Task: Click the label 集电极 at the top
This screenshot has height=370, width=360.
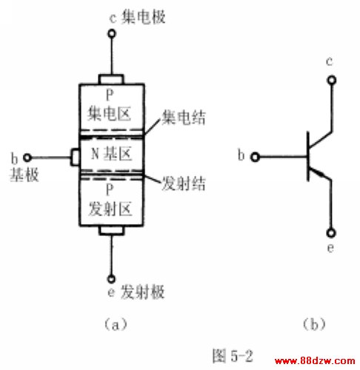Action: pyautogui.click(x=143, y=17)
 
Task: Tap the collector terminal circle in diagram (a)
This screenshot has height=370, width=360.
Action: pyautogui.click(x=112, y=33)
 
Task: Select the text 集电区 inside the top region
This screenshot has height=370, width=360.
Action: pyautogui.click(x=109, y=114)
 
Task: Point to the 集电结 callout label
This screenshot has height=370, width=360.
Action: pyautogui.click(x=184, y=117)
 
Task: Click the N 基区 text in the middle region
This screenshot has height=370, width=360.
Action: pyautogui.click(x=112, y=154)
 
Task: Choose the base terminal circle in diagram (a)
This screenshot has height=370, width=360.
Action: pyautogui.click(x=27, y=158)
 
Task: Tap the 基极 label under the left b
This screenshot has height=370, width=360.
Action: pyautogui.click(x=24, y=175)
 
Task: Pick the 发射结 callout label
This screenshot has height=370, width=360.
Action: pyautogui.click(x=184, y=184)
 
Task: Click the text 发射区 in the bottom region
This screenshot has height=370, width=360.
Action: pyautogui.click(x=110, y=209)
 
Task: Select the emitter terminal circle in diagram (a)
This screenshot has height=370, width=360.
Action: pyautogui.click(x=111, y=279)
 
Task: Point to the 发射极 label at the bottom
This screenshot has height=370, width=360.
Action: pyautogui.click(x=142, y=292)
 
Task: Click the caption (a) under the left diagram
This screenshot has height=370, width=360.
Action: pyautogui.click(x=116, y=324)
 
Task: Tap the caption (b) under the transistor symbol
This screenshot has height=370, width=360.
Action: pyautogui.click(x=314, y=324)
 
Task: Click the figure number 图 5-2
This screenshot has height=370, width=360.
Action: pyautogui.click(x=233, y=356)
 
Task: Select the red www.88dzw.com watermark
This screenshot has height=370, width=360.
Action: pyautogui.click(x=315, y=361)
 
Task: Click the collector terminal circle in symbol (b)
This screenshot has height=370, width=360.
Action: pyautogui.click(x=332, y=80)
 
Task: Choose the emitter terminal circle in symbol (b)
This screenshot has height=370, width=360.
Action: pyautogui.click(x=331, y=233)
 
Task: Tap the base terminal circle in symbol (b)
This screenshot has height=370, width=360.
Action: pyautogui.click(x=255, y=157)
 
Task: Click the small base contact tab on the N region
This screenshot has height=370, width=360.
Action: pyautogui.click(x=75, y=157)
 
